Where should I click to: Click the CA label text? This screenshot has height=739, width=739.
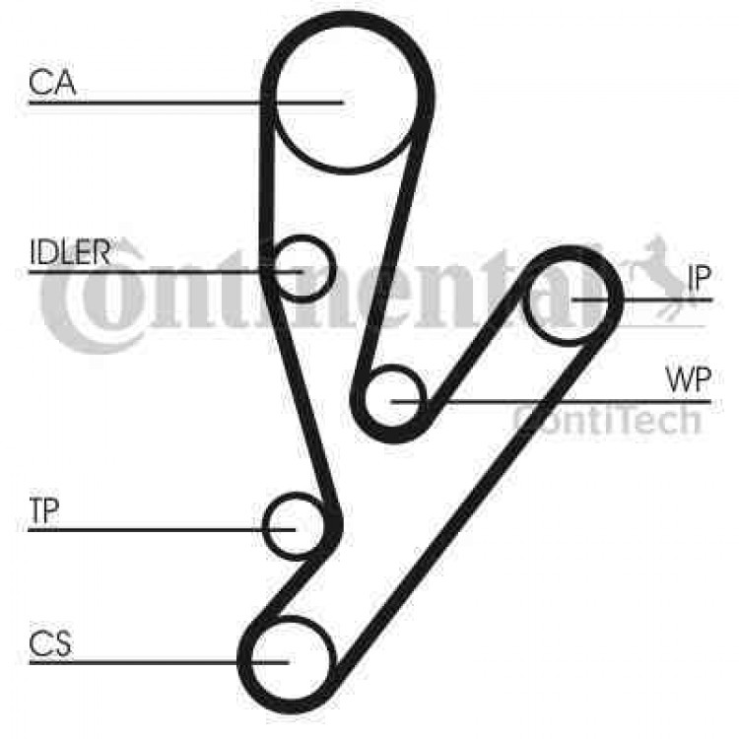click(x=52, y=82)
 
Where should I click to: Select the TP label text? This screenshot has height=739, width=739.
click(x=43, y=510)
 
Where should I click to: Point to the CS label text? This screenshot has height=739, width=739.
click(x=50, y=643)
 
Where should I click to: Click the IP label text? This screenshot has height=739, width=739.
click(x=699, y=278)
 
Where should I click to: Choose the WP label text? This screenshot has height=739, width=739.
click(x=688, y=380)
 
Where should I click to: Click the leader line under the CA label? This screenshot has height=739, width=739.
click(x=186, y=102)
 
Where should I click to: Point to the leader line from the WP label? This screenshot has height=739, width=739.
click(x=551, y=402)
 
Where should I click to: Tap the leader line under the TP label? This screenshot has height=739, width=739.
click(x=162, y=530)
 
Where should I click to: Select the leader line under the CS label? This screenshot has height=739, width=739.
click(x=159, y=662)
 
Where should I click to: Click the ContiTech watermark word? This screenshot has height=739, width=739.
click(x=608, y=421)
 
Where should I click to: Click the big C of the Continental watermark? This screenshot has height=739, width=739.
click(x=71, y=306)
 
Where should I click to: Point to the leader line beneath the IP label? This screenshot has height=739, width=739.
click(x=641, y=300)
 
